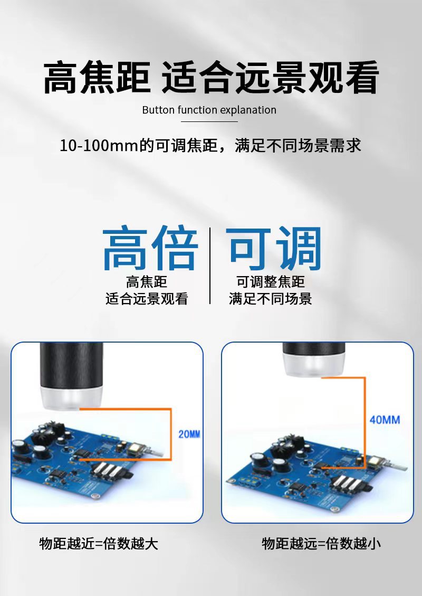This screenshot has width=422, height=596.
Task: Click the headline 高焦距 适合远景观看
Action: point(210,78)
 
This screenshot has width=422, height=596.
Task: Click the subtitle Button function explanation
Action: point(209,110)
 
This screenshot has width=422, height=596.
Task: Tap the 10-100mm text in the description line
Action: point(99,146)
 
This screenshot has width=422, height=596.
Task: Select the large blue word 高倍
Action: point(150,248)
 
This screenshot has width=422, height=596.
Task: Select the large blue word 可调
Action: point(274,248)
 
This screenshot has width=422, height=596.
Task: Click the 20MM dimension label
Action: point(189,434)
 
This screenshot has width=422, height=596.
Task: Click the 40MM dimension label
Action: point(385,420)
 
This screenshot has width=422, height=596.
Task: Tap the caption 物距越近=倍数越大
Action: point(99,544)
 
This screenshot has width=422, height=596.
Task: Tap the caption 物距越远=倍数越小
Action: point(321,544)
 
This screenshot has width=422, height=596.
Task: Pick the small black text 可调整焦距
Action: point(271,282)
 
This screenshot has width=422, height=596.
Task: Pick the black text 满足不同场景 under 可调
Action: point(271,299)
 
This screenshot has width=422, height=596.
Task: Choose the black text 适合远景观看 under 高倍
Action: point(147,299)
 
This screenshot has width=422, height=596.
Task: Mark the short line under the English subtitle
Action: point(209,121)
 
